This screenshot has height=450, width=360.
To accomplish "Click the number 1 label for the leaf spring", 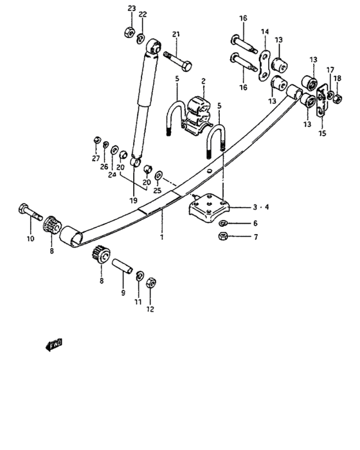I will point(162,237).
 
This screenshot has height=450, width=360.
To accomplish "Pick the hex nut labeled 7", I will point(222,238).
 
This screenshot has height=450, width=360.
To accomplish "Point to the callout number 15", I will point(322,134).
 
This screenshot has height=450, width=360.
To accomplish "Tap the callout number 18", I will point(337,78).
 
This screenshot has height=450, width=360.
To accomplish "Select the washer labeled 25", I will point(159,175).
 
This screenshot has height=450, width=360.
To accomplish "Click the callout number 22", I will point(143,14).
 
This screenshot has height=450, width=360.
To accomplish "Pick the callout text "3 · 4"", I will point(261,208).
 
